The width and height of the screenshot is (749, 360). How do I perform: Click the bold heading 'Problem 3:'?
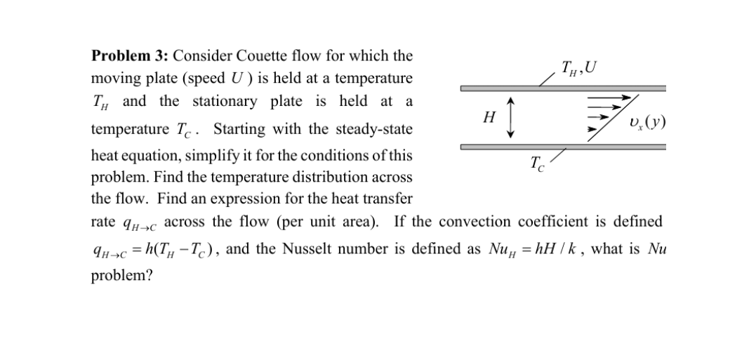(130, 55)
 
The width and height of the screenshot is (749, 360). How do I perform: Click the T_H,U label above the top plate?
(579, 68)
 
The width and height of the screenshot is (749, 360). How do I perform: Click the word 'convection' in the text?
(538, 222)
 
